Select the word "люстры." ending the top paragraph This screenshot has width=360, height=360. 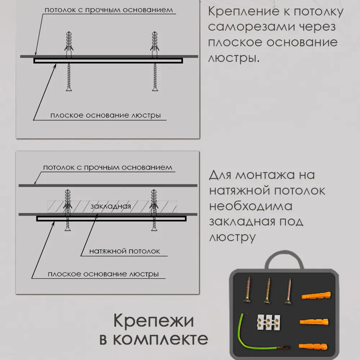coord(234,58)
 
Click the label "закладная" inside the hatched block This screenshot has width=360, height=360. coord(111,206)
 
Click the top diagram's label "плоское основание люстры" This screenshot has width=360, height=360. coord(105,116)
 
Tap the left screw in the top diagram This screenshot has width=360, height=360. coord(68,77)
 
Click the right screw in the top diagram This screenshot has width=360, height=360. coord(155,77)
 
